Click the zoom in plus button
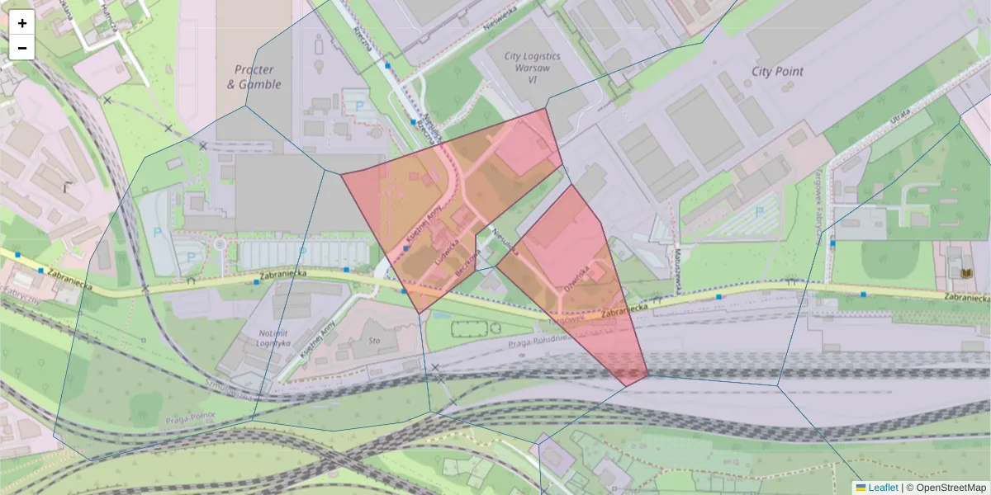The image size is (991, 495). (22, 23)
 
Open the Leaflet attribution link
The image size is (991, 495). (882, 488)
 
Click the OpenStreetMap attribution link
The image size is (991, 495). (951, 488)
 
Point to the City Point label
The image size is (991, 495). (777, 71)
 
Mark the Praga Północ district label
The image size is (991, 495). (192, 415)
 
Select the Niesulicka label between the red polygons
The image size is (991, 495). (505, 241)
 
